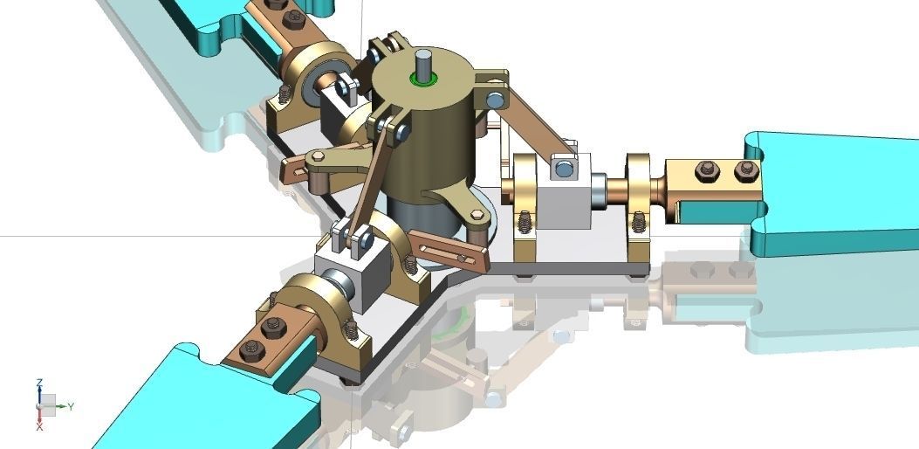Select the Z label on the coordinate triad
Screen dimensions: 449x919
click(x=40, y=383)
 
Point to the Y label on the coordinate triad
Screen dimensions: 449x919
click(x=71, y=406)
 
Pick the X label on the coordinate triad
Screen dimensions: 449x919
click(x=40, y=427)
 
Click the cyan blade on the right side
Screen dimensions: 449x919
click(x=838, y=192)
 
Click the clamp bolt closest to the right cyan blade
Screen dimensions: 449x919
click(x=744, y=169)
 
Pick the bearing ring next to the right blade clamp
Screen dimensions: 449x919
click(x=639, y=188)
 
